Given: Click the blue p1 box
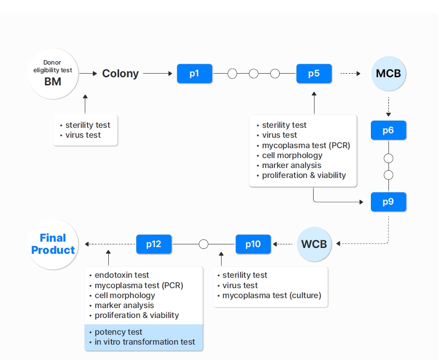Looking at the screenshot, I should [x=194, y=74].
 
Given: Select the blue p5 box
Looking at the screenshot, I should [x=314, y=74].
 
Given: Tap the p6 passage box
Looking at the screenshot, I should [x=388, y=130].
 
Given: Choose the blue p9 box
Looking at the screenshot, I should [x=388, y=202].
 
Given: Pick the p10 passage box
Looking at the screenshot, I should [x=253, y=244].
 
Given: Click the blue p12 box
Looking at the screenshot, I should [x=154, y=244].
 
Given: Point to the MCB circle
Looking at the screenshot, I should [x=388, y=73].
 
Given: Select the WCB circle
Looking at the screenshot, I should [x=314, y=244].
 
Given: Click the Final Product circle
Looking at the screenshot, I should [x=53, y=244].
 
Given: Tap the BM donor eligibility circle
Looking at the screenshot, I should [x=53, y=74].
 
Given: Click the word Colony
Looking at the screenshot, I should [x=120, y=74].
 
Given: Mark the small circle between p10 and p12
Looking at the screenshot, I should [x=203, y=244].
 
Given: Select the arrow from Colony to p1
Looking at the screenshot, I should [x=158, y=73].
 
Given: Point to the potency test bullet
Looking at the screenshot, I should [x=118, y=332].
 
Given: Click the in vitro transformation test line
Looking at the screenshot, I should [x=144, y=342].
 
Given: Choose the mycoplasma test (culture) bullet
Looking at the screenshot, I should [x=272, y=295].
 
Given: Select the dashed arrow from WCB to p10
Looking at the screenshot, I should [x=283, y=244].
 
